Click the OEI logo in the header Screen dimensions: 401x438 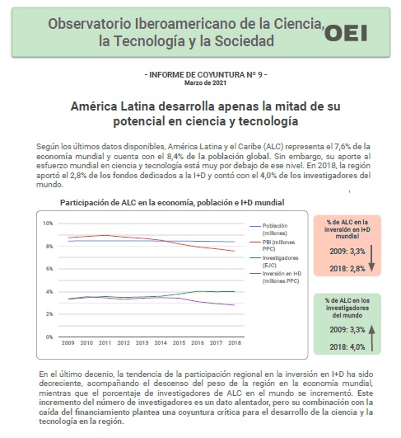[x=346, y=33]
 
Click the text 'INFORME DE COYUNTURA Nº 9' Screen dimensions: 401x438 [x=206, y=75]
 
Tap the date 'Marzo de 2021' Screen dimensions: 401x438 [x=205, y=83]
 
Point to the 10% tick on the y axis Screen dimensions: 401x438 [x=48, y=224]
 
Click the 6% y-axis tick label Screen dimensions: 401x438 [x=49, y=269]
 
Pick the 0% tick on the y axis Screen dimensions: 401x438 [x=49, y=337]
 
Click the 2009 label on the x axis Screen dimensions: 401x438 [x=68, y=343]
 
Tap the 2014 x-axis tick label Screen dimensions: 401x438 [x=161, y=343]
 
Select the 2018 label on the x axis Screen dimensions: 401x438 [x=235, y=343]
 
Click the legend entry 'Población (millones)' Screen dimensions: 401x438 [x=268, y=229]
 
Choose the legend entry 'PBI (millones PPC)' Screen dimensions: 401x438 [x=273, y=245]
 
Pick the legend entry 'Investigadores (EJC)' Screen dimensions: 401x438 [x=274, y=261]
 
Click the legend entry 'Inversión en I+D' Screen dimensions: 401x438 [x=276, y=277]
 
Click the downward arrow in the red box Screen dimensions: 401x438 [x=371, y=259]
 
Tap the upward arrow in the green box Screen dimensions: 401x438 [x=371, y=338]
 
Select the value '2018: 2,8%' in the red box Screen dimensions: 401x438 [x=347, y=269]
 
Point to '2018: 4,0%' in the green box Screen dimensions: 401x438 [x=347, y=347]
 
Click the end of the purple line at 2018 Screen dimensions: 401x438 [x=235, y=305]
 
